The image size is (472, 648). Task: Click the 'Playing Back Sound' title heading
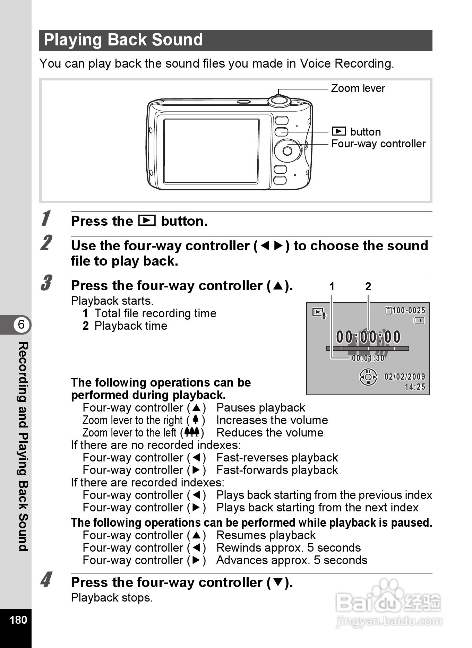click(x=123, y=40)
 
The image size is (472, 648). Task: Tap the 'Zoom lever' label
click(x=358, y=88)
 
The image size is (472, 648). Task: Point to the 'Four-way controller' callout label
click(x=378, y=144)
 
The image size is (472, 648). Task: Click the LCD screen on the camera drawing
click(x=211, y=151)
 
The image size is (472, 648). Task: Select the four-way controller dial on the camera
click(x=287, y=151)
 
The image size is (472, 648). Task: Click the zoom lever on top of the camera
click(x=279, y=100)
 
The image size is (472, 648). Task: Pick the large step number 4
click(x=46, y=580)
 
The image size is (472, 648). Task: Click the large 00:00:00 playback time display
click(x=368, y=337)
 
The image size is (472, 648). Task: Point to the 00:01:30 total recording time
click(x=368, y=358)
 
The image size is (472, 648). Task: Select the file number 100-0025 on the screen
click(x=408, y=311)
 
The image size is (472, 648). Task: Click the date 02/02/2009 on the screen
click(x=404, y=377)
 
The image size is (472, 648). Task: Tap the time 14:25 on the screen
click(x=415, y=387)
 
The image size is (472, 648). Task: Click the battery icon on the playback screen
click(x=419, y=321)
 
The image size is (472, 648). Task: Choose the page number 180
click(x=18, y=620)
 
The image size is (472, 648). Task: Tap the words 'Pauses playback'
click(x=260, y=408)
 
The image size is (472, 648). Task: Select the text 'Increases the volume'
click(x=272, y=420)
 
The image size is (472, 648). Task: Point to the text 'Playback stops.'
click(x=112, y=598)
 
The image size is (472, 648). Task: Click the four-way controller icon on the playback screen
click(x=368, y=377)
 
